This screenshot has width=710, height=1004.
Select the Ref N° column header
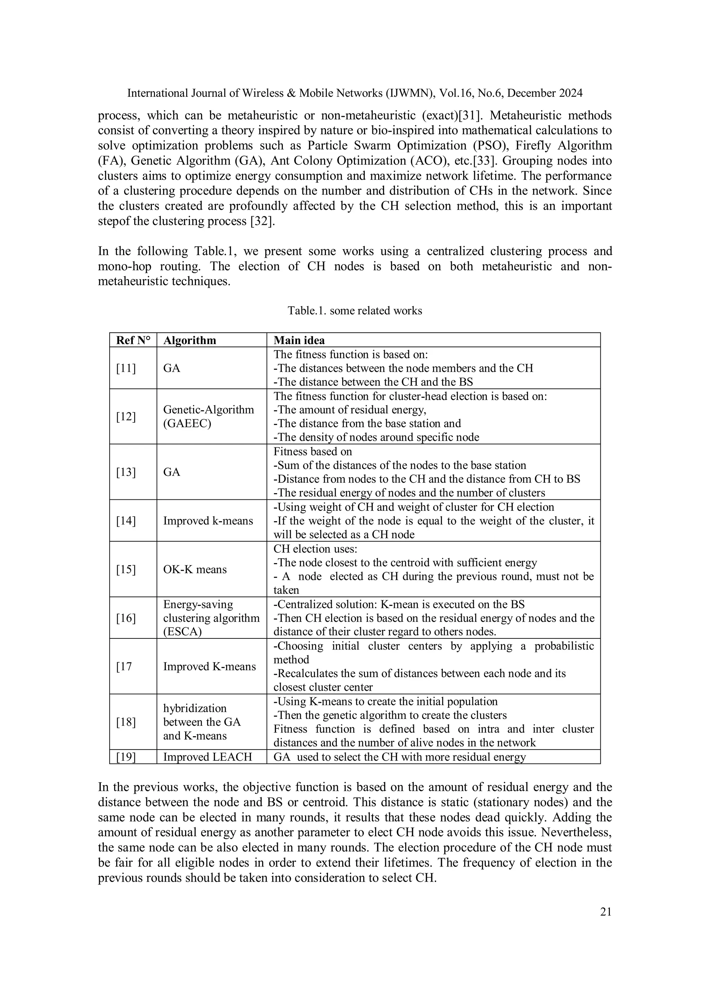coord(133,340)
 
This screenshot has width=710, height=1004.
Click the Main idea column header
coord(299,340)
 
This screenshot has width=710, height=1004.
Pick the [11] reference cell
coord(126,368)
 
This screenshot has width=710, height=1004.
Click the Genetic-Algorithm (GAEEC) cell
coord(208,416)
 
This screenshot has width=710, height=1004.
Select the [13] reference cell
coord(126,472)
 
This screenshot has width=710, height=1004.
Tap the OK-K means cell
coord(195,569)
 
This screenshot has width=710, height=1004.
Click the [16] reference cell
coord(126,618)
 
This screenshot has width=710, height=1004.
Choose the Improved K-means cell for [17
coord(209,666)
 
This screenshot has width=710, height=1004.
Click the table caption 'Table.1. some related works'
coord(355,311)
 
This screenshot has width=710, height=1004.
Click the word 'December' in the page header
coord(531,93)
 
